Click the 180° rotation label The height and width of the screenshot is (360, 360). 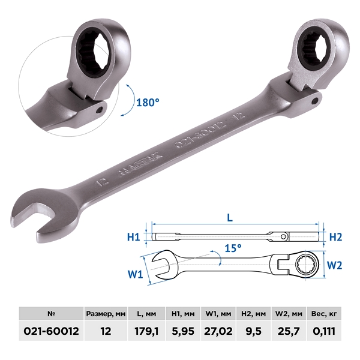(x=148, y=103)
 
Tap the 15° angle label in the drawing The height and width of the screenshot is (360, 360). (x=233, y=248)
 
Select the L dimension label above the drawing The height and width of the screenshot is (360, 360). (x=230, y=218)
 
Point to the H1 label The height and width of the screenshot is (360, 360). (x=134, y=237)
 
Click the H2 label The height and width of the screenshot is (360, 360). (x=335, y=237)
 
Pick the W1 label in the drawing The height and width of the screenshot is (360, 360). (x=135, y=274)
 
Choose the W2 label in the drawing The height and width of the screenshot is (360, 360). (x=335, y=265)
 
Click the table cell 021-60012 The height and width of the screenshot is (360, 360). (x=51, y=331)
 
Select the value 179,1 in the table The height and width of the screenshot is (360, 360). (x=146, y=331)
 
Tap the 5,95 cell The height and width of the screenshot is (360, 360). (x=183, y=331)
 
